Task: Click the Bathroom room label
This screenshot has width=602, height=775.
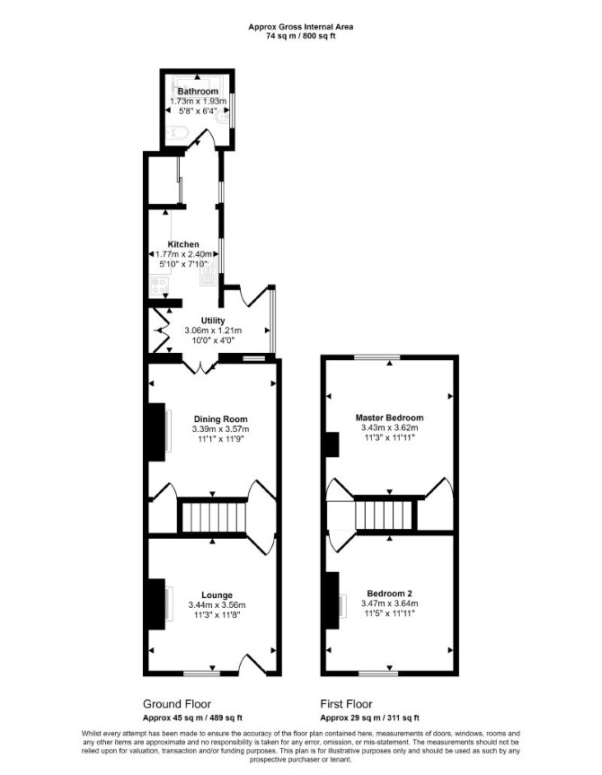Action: pos(198,92)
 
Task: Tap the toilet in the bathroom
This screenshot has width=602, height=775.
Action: pos(178,132)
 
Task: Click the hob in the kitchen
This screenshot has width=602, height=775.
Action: pos(159,286)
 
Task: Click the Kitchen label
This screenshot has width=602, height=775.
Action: pos(183,244)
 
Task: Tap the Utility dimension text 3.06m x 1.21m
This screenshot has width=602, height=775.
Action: pos(213,330)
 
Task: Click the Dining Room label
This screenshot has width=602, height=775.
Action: pos(221,419)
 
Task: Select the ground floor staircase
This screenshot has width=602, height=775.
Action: pos(214,517)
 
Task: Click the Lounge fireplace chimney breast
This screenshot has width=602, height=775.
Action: pos(157,604)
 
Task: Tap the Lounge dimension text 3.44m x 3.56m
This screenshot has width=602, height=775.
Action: pos(217,604)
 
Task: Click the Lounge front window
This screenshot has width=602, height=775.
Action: pos(201,673)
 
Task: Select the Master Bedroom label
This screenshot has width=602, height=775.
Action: pos(389,418)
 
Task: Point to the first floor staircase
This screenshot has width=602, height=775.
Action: pos(385,515)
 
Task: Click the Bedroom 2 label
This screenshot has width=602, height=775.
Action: pos(389,594)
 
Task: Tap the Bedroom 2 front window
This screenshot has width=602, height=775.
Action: pos(378,673)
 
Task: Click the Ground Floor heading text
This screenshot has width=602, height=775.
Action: pos(177,704)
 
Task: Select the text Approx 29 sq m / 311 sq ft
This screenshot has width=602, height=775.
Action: pos(369,718)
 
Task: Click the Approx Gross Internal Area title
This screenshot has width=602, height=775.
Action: pos(301,27)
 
